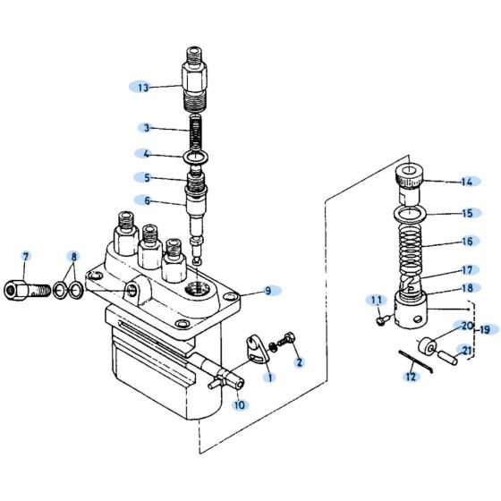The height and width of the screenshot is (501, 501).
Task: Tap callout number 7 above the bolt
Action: pyautogui.click(x=26, y=258)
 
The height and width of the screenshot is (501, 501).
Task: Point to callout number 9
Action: pyautogui.click(x=267, y=290)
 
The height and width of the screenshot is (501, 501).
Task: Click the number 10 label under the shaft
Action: pyautogui.click(x=239, y=405)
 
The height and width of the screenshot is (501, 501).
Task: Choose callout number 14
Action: pyautogui.click(x=465, y=183)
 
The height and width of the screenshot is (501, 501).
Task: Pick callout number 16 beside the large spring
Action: pyautogui.click(x=465, y=242)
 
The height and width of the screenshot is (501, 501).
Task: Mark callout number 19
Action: pyautogui.click(x=484, y=329)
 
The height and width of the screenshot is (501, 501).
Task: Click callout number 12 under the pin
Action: pyautogui.click(x=411, y=377)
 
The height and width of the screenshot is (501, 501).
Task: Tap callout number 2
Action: pyautogui.click(x=299, y=362)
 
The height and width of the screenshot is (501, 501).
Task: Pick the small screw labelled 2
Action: pyautogui.click(x=286, y=343)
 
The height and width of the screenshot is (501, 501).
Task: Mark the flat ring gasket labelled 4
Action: pyautogui.click(x=198, y=158)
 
